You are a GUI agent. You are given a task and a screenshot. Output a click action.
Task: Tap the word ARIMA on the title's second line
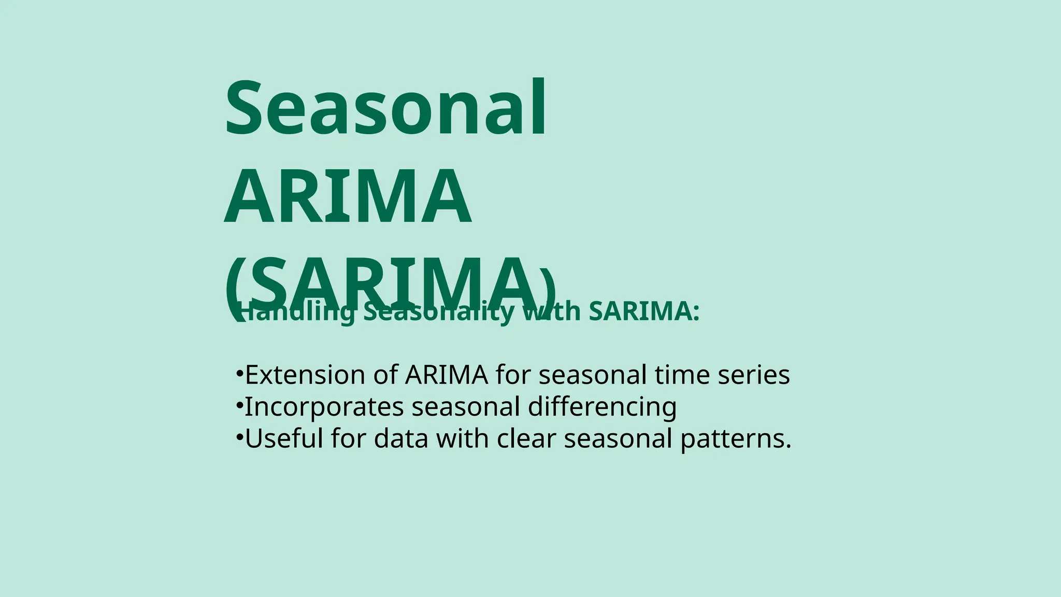348,197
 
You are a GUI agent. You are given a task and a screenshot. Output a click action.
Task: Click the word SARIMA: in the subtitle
644,311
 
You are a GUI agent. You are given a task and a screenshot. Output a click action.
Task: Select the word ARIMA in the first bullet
447,375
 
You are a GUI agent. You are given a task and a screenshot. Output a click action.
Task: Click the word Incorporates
324,407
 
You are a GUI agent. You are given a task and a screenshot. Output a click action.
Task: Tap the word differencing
602,407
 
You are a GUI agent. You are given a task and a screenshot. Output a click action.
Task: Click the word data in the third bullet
401,438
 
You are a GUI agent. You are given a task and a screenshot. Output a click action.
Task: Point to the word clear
526,438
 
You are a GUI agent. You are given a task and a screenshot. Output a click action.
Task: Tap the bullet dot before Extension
239,374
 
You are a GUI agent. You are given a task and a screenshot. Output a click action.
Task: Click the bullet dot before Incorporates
239,406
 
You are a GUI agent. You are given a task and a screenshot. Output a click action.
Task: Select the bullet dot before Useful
239,437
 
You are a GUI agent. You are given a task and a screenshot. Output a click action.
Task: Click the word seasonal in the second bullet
466,407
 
